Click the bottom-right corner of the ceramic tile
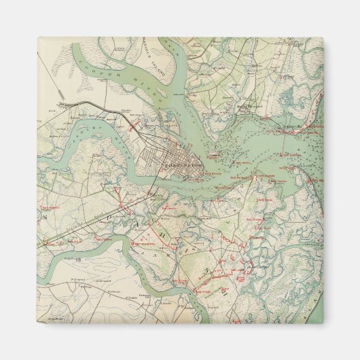[323, 323]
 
